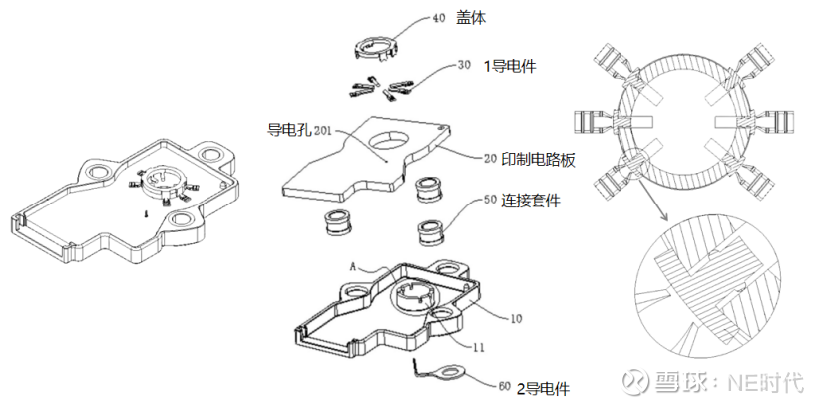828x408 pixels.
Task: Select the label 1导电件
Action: click(x=509, y=67)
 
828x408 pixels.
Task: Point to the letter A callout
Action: click(x=352, y=267)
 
